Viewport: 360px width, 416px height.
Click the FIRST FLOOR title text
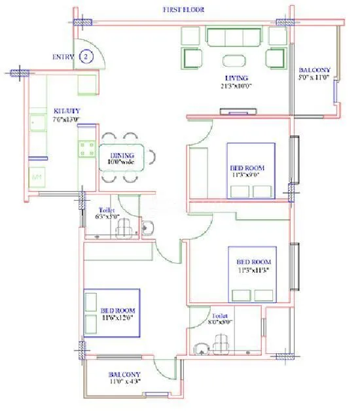pyautogui.click(x=185, y=9)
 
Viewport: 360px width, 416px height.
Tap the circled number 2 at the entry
pyautogui.click(x=85, y=57)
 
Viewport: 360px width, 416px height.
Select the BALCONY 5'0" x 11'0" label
pyautogui.click(x=315, y=74)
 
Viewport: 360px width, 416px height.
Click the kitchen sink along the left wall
pyautogui.click(x=37, y=122)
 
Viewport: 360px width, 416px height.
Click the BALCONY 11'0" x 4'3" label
pyautogui.click(x=124, y=379)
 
